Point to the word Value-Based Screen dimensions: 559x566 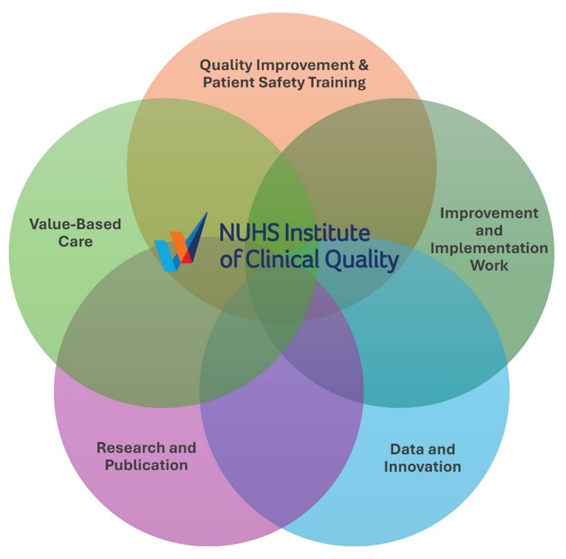[x=75, y=224]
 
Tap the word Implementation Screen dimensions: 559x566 [x=489, y=248]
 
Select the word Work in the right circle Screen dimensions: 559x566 [x=489, y=265]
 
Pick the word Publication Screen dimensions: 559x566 [x=141, y=465]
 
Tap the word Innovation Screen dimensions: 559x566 [x=422, y=467]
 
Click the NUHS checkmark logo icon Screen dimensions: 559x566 [x=180, y=243]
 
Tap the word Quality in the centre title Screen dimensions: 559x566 [x=362, y=260]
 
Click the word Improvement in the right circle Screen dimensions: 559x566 [x=489, y=213]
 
